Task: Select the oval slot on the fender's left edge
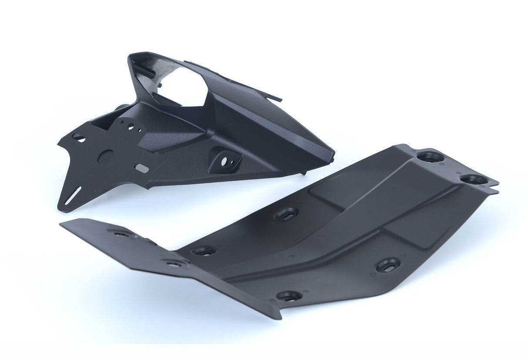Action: click(79, 137)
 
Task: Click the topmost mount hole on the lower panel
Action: click(429, 156)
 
